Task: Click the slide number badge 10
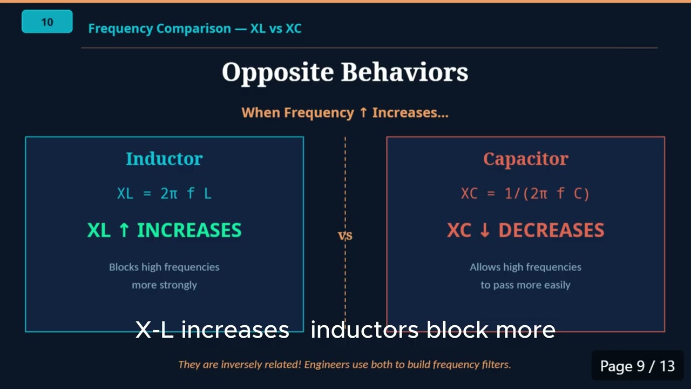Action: tap(47, 22)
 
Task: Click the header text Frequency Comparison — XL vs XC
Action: tap(194, 29)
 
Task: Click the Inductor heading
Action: tap(164, 159)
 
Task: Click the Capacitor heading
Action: tap(525, 159)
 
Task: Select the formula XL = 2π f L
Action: tap(164, 193)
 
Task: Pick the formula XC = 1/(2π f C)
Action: tap(525, 193)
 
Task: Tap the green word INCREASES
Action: tap(189, 230)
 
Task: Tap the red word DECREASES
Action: tap(551, 230)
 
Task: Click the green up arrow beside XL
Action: tap(124, 230)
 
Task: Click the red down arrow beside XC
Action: tap(484, 230)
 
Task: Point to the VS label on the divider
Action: tap(345, 236)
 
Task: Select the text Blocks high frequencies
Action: tap(164, 267)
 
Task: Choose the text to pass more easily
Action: tap(525, 285)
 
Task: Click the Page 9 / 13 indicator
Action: tap(637, 366)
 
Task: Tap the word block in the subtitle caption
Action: tap(458, 330)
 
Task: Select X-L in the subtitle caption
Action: tap(154, 330)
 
